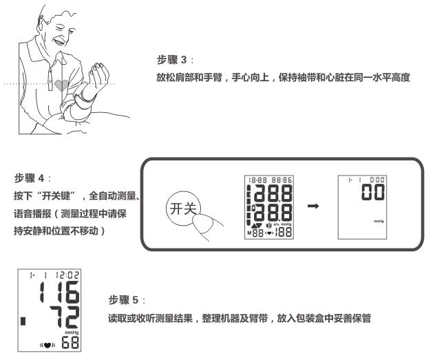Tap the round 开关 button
click(x=182, y=209)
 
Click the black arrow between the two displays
click(x=313, y=206)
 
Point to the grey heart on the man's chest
click(x=61, y=85)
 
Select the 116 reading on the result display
click(x=59, y=292)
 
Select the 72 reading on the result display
click(x=65, y=317)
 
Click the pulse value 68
click(x=70, y=342)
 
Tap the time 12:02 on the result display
click(x=67, y=275)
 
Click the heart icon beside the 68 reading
click(x=47, y=345)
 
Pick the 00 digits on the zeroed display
click(x=373, y=191)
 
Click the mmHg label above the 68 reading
click(x=72, y=332)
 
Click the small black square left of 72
click(x=23, y=321)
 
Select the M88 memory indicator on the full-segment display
click(x=255, y=233)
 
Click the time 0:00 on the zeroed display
click(x=376, y=180)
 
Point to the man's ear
click(x=41, y=23)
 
